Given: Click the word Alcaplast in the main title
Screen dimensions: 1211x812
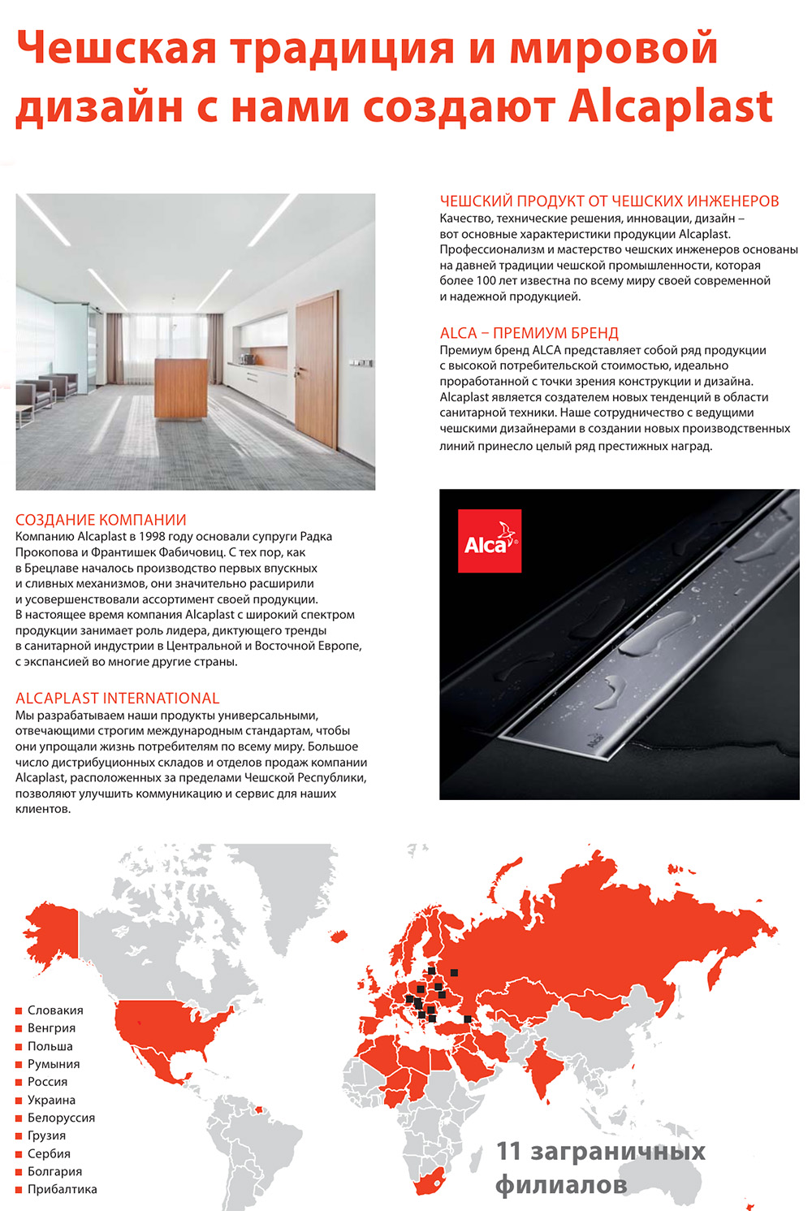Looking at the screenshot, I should pyautogui.click(x=670, y=106).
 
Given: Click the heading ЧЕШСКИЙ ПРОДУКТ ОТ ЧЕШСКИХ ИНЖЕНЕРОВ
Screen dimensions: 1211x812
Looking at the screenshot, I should pyautogui.click(x=609, y=201).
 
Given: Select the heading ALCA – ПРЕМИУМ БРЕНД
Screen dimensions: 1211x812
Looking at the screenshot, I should pyautogui.click(x=529, y=333).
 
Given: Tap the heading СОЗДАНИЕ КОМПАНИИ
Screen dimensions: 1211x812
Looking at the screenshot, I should pyautogui.click(x=101, y=520).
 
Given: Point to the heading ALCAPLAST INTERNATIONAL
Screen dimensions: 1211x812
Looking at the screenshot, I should pyautogui.click(x=117, y=698).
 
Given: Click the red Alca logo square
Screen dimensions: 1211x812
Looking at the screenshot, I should pyautogui.click(x=489, y=542).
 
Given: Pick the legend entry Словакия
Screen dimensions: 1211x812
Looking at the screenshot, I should pyautogui.click(x=55, y=1010).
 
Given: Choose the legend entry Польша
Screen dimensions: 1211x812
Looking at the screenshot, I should pyautogui.click(x=50, y=1046).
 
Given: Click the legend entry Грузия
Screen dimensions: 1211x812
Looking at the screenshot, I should pyautogui.click(x=46, y=1135).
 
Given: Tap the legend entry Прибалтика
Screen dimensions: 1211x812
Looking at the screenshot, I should pyautogui.click(x=62, y=1189).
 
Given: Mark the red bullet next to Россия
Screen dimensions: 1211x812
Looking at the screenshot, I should pyautogui.click(x=19, y=1083).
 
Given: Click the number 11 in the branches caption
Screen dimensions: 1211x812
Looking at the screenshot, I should pyautogui.click(x=508, y=1151).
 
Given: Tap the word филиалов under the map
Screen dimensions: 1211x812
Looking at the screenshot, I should pyautogui.click(x=561, y=1185).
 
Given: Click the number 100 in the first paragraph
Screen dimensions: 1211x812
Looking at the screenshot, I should pyautogui.click(x=486, y=281).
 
